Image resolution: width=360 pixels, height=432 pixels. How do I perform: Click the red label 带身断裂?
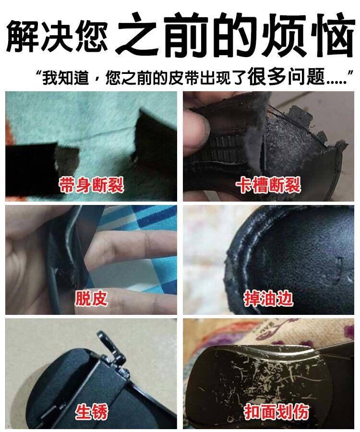pos(91,185)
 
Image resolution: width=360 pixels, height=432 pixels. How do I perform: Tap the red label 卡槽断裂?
pos(268,185)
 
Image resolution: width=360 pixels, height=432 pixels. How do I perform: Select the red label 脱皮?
pos(91,299)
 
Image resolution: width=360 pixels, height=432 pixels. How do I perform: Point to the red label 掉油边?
pos(268,299)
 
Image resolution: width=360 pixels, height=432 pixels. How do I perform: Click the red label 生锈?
pos(91,412)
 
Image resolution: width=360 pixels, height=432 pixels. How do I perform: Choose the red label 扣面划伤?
pos(276,412)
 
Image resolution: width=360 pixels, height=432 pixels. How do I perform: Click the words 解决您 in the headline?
pos(57,36)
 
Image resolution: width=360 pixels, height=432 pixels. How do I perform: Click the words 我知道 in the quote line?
pos(66,77)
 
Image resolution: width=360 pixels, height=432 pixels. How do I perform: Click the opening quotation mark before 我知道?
pos(38,73)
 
